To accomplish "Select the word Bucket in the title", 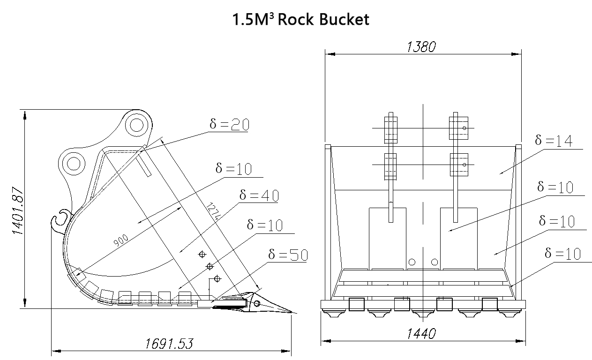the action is pyautogui.click(x=344, y=19).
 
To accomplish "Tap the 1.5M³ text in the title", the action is pyautogui.click(x=253, y=20).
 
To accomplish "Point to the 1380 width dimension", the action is pyautogui.click(x=421, y=47).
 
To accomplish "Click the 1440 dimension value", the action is pyautogui.click(x=421, y=334).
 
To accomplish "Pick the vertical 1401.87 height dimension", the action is pyautogui.click(x=18, y=210).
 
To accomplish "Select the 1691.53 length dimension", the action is pyautogui.click(x=169, y=344).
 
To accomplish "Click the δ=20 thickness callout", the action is pyautogui.click(x=229, y=124).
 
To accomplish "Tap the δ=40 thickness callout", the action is pyautogui.click(x=259, y=195).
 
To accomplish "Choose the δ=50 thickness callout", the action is pyautogui.click(x=288, y=255).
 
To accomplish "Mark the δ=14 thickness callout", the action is pyautogui.click(x=554, y=140).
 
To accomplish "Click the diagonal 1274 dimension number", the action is pyautogui.click(x=213, y=211).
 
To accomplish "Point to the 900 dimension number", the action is pyautogui.click(x=120, y=240).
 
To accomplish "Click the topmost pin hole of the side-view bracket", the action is pyautogui.click(x=137, y=125).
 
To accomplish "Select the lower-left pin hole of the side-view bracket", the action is pyautogui.click(x=74, y=164).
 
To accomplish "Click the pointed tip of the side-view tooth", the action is pyautogui.click(x=292, y=313).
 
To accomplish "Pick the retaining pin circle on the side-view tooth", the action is pyautogui.click(x=256, y=303).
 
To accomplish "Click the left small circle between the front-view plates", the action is pyautogui.click(x=412, y=262).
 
